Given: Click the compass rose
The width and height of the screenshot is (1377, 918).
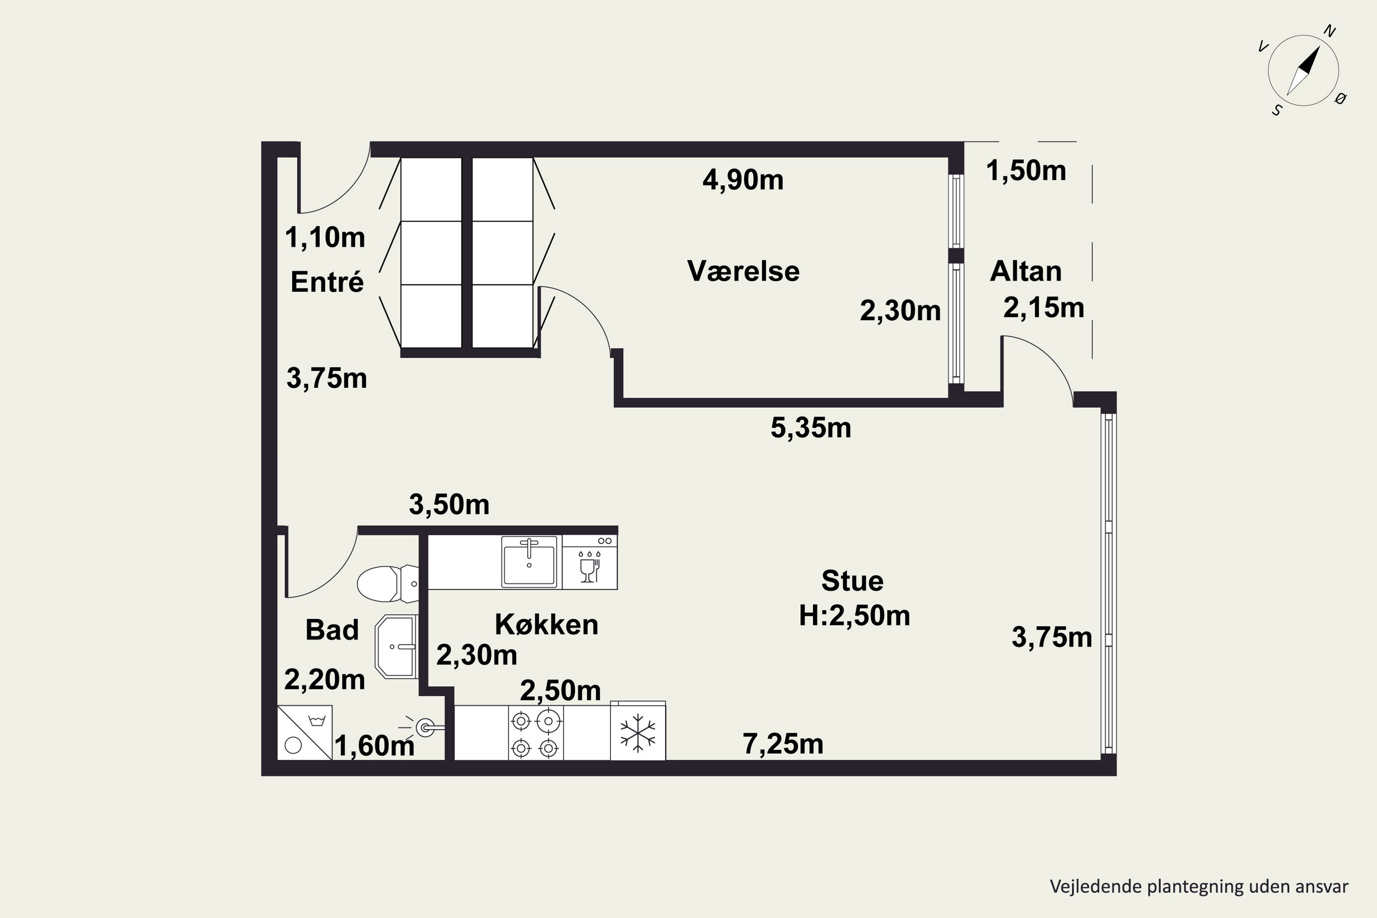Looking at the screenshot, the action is pyautogui.click(x=1303, y=70).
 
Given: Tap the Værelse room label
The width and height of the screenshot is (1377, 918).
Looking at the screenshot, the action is pyautogui.click(x=743, y=271).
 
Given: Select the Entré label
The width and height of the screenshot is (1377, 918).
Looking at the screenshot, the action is pyautogui.click(x=327, y=282).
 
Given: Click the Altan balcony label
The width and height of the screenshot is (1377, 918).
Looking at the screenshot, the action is pyautogui.click(x=1025, y=271).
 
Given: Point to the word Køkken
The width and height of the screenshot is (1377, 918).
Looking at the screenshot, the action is pyautogui.click(x=546, y=625).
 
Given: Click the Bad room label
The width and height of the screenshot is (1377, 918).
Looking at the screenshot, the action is pyautogui.click(x=332, y=630).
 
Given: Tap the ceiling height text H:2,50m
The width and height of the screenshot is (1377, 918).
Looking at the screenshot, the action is pyautogui.click(x=854, y=616).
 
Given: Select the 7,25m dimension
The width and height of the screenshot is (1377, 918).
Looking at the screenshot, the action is pyautogui.click(x=783, y=744).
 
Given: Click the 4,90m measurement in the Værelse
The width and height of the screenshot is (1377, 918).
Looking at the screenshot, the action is pyautogui.click(x=743, y=180).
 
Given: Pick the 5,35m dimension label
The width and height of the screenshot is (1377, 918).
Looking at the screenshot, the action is pyautogui.click(x=811, y=428).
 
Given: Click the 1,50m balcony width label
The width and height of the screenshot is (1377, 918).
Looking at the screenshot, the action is pyautogui.click(x=1026, y=171).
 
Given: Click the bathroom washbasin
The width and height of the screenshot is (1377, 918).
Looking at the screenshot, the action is pyautogui.click(x=397, y=646).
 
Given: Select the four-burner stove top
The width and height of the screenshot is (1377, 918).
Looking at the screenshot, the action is pyautogui.click(x=535, y=733).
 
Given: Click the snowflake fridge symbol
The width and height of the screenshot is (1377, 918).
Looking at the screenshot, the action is pyautogui.click(x=638, y=732).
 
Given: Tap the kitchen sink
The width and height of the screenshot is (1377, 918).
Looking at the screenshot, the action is pyautogui.click(x=529, y=561).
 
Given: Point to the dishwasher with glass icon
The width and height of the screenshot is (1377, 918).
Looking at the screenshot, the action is pyautogui.click(x=589, y=562).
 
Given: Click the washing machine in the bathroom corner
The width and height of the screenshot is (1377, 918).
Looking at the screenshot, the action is pyautogui.click(x=304, y=733).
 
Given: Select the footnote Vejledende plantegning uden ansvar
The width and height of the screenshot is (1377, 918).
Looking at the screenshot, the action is pyautogui.click(x=1199, y=886).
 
